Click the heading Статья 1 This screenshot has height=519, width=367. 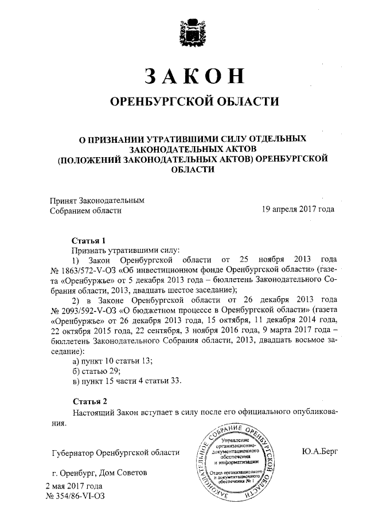pos(89,240)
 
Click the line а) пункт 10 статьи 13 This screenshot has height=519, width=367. pos(112,361)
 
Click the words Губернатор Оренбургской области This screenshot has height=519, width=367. pos(115,452)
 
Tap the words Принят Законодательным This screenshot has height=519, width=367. pos(95,200)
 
